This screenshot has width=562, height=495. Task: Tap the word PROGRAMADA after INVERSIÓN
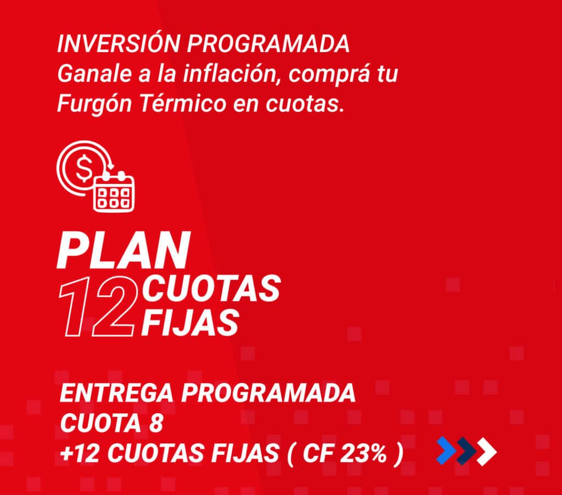coord(268,44)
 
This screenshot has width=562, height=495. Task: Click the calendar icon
coord(114,191)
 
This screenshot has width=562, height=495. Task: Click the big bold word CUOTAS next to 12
coord(211,288)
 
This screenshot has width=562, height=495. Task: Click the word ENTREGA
coord(116,393)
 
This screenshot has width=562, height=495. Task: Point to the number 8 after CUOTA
coord(156,423)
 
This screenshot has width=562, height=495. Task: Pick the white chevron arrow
coord(487,451)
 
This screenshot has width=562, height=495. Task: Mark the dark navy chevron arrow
coord(467,451)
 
